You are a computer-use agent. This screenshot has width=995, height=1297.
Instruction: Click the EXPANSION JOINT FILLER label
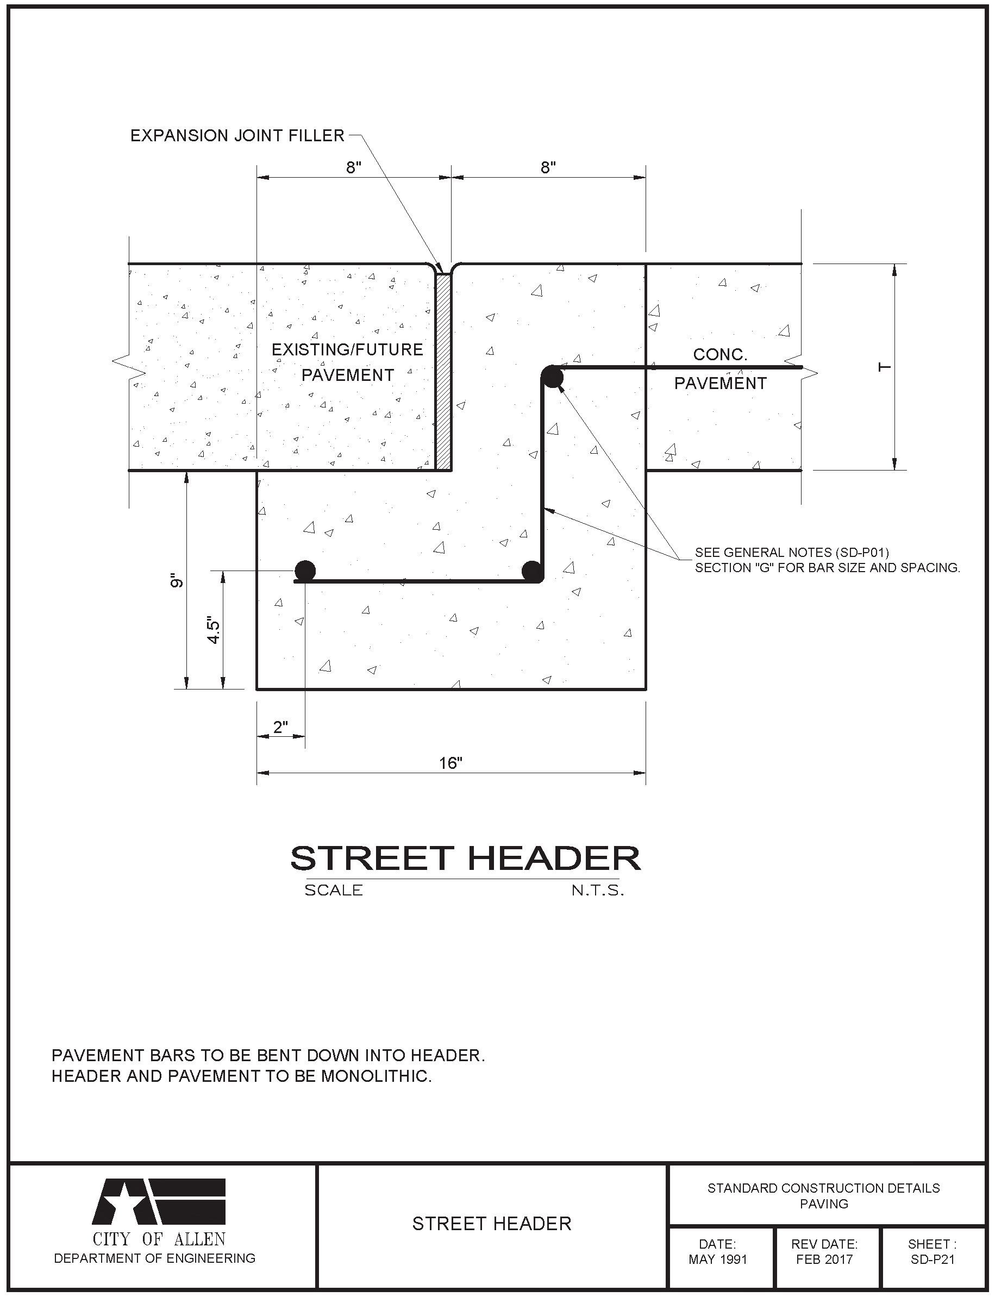(237, 136)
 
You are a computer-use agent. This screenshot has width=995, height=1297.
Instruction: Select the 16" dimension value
(450, 763)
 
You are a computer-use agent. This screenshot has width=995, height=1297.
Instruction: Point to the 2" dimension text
(280, 726)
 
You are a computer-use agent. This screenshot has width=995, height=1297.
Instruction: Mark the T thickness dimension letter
(884, 367)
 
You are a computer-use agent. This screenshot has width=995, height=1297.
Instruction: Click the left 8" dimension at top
(354, 167)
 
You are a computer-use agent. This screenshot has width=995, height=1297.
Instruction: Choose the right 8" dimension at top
(548, 167)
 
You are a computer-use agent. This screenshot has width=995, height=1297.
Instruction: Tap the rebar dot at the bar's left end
(305, 571)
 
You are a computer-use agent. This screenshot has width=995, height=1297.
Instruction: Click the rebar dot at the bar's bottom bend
(532, 572)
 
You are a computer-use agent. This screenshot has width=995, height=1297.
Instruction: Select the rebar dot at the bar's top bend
(552, 377)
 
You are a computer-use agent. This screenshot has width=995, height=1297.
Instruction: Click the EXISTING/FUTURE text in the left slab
(347, 349)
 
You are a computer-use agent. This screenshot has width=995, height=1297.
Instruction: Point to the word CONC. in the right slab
(720, 355)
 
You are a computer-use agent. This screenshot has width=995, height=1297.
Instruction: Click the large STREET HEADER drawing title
(465, 858)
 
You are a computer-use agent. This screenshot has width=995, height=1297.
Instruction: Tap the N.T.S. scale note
(597, 891)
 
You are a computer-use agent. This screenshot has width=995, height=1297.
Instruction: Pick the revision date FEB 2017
(824, 1260)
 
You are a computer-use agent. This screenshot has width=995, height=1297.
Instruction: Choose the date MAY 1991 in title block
(718, 1260)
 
